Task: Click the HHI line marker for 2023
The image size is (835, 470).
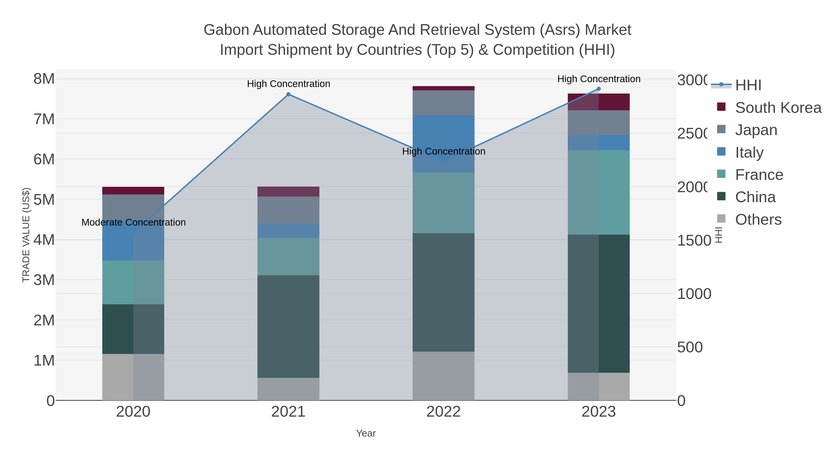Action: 598,89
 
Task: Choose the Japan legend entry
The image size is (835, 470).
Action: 756,130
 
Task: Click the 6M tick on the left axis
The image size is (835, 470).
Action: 44,159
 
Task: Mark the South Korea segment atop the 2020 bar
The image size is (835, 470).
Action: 133,191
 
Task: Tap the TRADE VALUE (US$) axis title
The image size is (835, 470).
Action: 26,235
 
